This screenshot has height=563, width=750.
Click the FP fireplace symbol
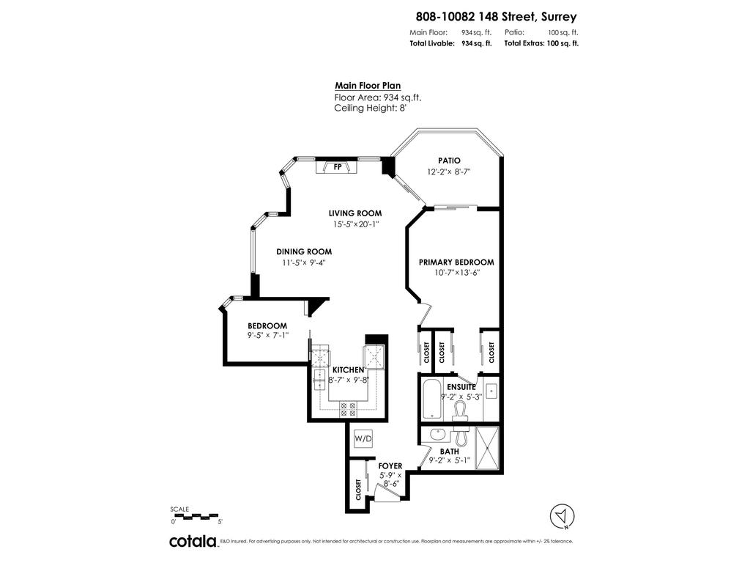click(337, 167)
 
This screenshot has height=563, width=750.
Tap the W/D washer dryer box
click(363, 438)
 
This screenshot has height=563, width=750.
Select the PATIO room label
click(449, 161)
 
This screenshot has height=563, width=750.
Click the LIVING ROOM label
click(355, 213)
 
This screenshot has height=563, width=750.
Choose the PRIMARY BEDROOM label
click(456, 262)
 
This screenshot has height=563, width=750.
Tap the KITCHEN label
click(348, 370)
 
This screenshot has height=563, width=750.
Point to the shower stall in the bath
click(486, 446)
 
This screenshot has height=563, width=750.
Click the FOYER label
click(390, 466)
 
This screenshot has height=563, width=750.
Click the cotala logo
click(193, 542)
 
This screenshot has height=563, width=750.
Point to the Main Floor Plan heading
click(368, 85)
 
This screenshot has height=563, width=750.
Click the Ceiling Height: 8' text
click(370, 108)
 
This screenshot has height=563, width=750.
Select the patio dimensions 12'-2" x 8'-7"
click(448, 172)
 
